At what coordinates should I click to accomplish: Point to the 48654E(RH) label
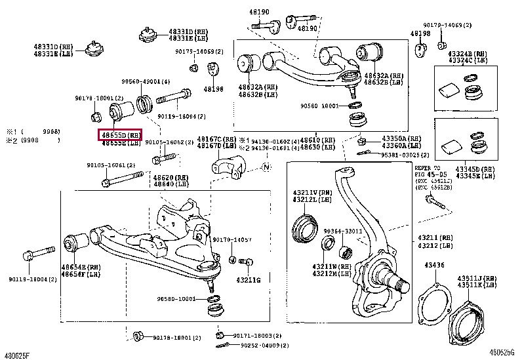[x=81, y=267]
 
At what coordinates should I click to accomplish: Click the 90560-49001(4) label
[x=145, y=82]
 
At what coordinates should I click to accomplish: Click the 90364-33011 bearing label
[x=342, y=231]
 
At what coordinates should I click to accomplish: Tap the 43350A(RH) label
[x=403, y=139]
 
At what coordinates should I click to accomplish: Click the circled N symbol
[x=266, y=168]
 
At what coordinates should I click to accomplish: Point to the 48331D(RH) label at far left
[x=55, y=47]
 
